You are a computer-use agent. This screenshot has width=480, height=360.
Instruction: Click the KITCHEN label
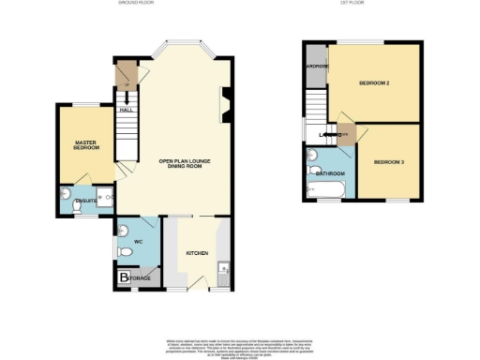[x=197, y=253]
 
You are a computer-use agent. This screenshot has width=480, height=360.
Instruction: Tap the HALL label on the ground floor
[x=124, y=111]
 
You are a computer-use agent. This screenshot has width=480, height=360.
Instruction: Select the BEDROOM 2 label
[x=375, y=83]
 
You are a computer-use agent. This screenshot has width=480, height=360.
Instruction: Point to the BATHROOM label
[x=330, y=173]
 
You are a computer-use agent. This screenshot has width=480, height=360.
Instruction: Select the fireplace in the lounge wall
[x=224, y=103]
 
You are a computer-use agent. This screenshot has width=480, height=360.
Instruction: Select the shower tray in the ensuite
[x=104, y=197]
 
